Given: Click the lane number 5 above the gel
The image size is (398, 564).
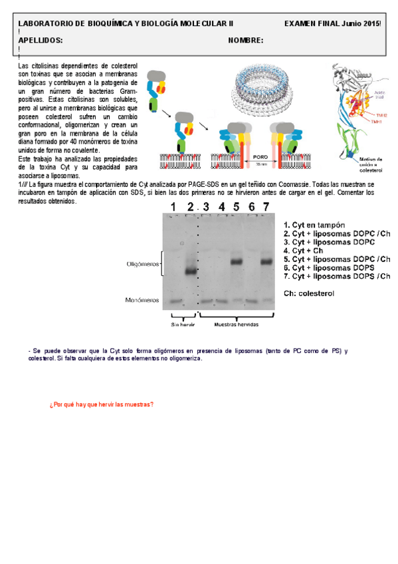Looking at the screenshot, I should tap(237, 207).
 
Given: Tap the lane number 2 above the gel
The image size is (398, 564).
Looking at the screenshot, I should tap(190, 207).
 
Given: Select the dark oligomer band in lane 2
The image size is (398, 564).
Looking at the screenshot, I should tap(191, 271).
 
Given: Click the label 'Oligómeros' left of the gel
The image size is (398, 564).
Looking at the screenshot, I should tap(143, 264).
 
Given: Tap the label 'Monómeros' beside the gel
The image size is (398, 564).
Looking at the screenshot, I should tap(142, 301).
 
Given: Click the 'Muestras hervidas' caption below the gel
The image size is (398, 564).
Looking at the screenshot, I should tap(237, 325).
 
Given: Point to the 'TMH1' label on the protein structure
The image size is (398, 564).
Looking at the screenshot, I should tap(375, 122).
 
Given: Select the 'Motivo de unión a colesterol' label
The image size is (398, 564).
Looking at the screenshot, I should tap(370, 165).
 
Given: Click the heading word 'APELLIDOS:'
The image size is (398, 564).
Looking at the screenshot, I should tap(41, 41).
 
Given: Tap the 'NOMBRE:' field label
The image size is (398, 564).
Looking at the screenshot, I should tap(245, 41).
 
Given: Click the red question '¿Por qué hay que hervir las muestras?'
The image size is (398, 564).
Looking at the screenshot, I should tap(101, 404).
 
